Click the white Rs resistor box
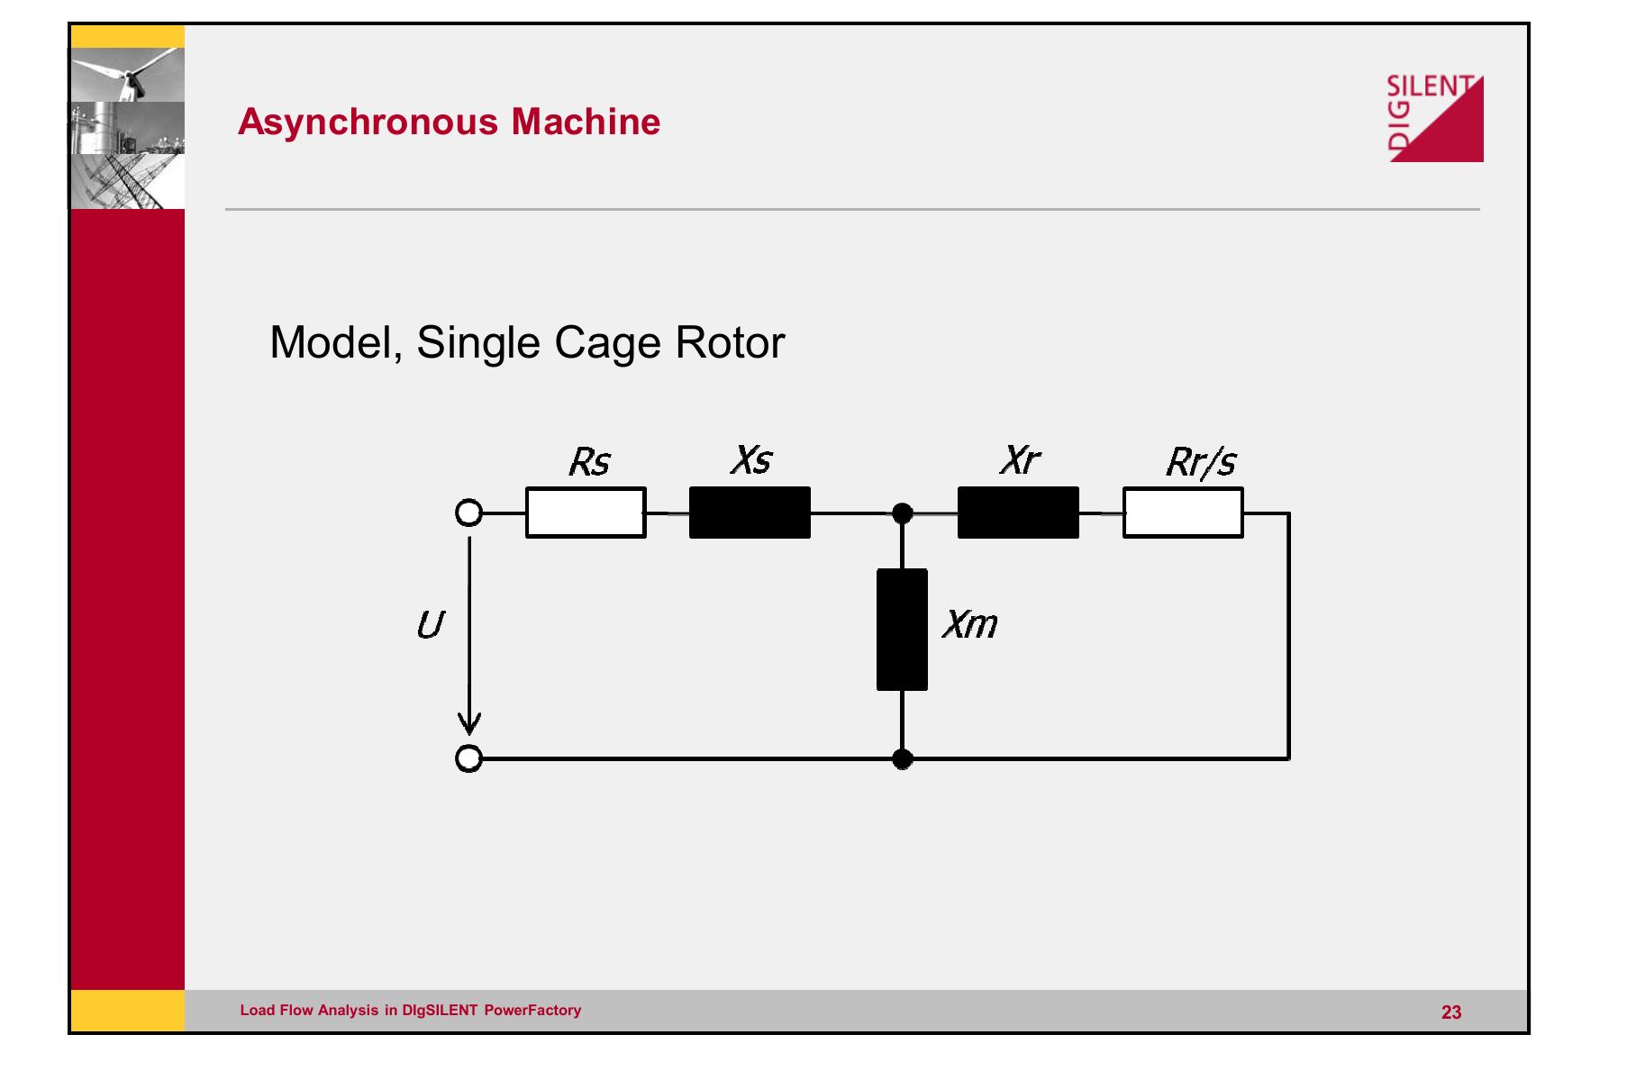[x=586, y=513]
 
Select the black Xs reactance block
[x=750, y=513]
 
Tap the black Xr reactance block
[x=1018, y=513]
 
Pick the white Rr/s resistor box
[x=1183, y=513]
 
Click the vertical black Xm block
[x=902, y=629]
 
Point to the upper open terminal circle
[x=468, y=513]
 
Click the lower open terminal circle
[x=468, y=759]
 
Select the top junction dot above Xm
[x=902, y=513]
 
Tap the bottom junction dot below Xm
[x=902, y=759]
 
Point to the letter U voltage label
[x=430, y=625]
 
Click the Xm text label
[x=969, y=624]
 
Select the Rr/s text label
[x=1201, y=463]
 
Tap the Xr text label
[x=1019, y=460]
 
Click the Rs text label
[x=589, y=463]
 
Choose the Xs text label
[x=751, y=460]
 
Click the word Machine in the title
[x=586, y=122]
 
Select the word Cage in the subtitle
[x=607, y=343]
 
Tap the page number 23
[x=1451, y=1012]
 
